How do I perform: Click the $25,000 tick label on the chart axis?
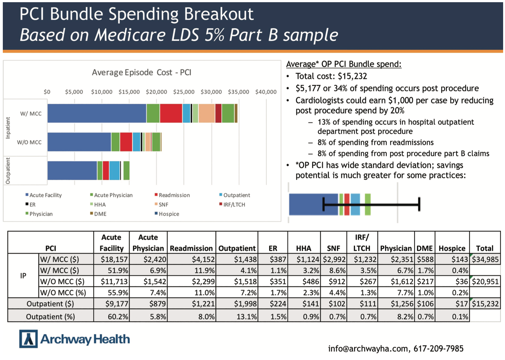point(184,92)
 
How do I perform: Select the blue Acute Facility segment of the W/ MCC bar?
point(97,113)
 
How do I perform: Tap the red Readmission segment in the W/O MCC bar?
point(126,142)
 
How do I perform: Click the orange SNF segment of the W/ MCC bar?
point(207,113)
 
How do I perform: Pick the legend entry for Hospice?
point(167,214)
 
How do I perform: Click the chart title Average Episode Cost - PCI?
point(141,72)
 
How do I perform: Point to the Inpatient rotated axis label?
point(8,128)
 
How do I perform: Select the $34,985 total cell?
point(485,259)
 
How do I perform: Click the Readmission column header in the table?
point(191,248)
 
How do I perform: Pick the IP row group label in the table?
point(23,276)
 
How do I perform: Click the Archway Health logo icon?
point(28,339)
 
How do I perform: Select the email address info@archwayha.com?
point(368,349)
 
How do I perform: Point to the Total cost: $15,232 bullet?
point(331,76)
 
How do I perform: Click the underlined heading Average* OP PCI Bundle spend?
point(343,64)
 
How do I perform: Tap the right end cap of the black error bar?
point(419,204)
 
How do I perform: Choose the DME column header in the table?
point(424,248)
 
